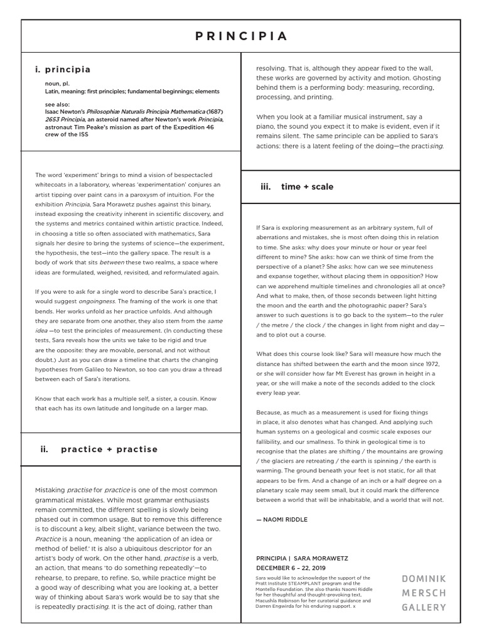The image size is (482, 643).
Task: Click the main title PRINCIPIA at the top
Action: point(241,36)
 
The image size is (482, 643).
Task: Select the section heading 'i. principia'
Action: point(63,70)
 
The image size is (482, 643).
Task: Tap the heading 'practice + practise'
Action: point(109,449)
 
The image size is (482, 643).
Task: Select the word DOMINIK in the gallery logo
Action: point(424,578)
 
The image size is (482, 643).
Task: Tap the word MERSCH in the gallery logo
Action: point(424,592)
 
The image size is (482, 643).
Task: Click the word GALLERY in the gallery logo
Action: point(424,607)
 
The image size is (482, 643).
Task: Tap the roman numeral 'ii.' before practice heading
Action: point(44,449)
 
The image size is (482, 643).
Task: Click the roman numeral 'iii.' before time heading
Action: point(265,186)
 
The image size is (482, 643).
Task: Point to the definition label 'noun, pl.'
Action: point(57,82)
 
